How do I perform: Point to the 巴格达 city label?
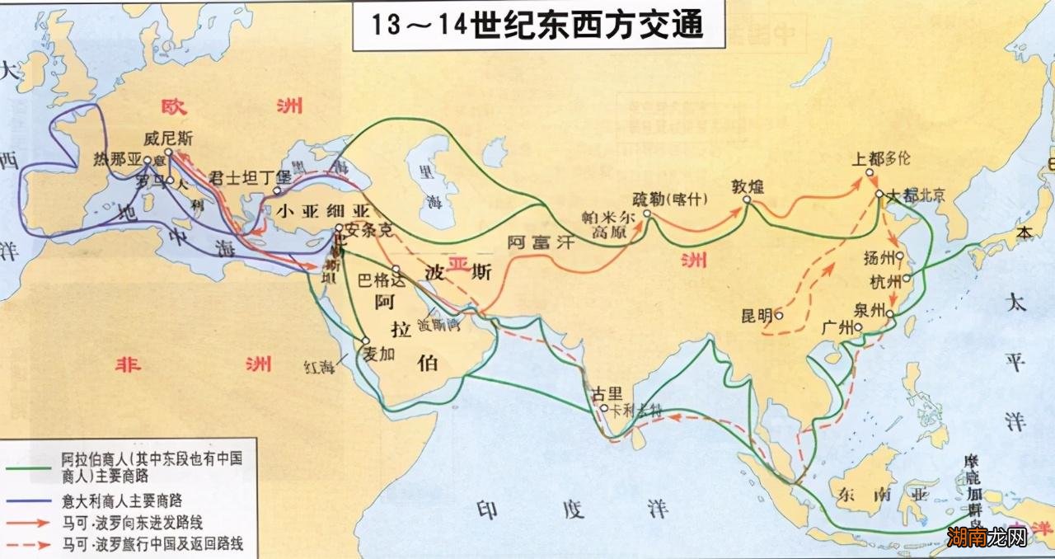380,279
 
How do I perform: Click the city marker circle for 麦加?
365,340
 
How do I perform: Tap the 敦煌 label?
748,186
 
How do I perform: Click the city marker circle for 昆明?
778,314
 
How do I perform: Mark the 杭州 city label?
887,282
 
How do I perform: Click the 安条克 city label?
368,231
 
